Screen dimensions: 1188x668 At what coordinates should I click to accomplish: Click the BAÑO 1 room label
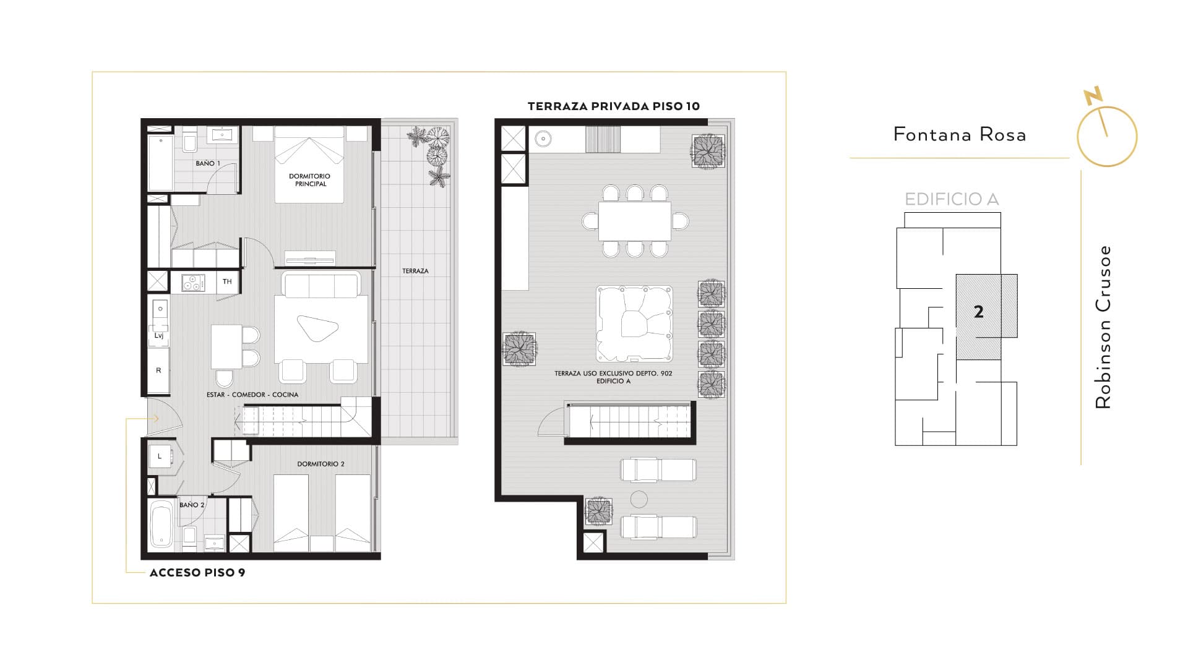(207, 163)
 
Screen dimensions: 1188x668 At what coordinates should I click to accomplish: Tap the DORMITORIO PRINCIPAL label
(309, 180)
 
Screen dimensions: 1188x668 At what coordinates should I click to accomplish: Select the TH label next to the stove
(227, 281)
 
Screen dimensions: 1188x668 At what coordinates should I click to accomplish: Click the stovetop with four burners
(193, 283)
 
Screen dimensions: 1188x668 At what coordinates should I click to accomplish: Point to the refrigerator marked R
(158, 370)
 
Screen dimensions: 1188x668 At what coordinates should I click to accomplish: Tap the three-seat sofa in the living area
(321, 284)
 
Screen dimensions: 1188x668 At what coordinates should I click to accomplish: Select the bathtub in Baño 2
(161, 525)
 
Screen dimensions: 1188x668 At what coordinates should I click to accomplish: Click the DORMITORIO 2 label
(321, 464)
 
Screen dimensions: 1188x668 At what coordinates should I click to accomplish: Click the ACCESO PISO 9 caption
(197, 573)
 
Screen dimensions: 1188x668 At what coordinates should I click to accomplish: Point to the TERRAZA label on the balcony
(415, 271)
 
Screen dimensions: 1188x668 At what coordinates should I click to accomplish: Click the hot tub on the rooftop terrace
(634, 323)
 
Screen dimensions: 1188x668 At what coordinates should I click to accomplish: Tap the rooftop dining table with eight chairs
(635, 221)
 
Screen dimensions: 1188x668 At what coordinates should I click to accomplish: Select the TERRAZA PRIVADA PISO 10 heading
(614, 106)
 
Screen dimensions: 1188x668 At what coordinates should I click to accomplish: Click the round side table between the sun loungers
(639, 499)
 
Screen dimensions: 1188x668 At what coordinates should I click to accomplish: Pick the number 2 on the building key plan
(978, 312)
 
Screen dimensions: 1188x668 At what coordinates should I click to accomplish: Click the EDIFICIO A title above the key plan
(952, 199)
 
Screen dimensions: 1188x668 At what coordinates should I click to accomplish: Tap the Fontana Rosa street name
(960, 134)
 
